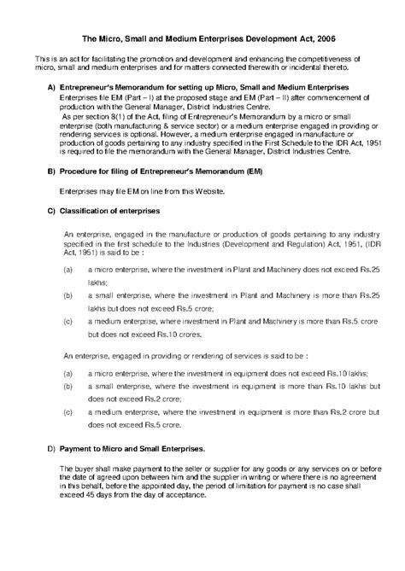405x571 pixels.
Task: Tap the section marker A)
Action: (x=51, y=89)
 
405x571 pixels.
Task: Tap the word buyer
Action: (x=85, y=469)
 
